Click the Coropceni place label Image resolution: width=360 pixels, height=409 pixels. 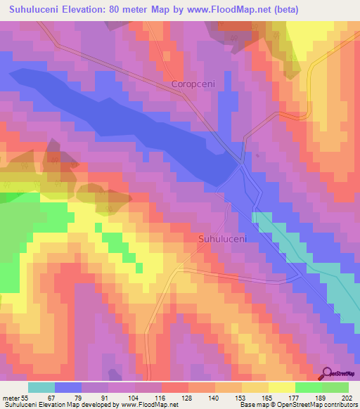[x=191, y=84]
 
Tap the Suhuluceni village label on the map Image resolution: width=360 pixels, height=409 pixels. [x=222, y=239]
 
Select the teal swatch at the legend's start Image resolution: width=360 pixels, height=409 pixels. [x=41, y=387]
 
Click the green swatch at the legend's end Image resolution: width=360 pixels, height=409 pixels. [x=335, y=387]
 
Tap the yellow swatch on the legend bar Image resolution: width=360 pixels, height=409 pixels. [x=281, y=387]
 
